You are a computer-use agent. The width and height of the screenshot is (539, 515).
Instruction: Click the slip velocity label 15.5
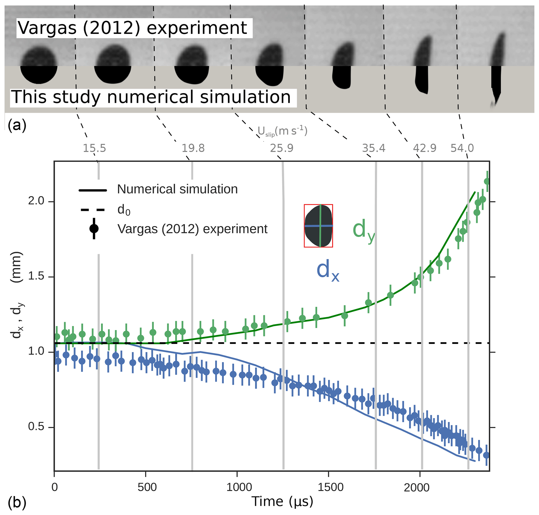pos(94,148)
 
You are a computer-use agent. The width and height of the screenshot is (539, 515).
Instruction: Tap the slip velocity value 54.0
pos(462,148)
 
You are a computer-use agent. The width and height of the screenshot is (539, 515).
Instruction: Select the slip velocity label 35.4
pos(373,148)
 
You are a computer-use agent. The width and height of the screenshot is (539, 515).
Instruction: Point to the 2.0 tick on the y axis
pos(36,201)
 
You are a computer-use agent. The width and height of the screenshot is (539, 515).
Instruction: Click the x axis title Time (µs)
pos(282,501)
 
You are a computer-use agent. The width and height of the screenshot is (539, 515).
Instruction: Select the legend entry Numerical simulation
pos(177,189)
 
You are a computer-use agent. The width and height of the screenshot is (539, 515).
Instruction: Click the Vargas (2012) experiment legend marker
pos(94,229)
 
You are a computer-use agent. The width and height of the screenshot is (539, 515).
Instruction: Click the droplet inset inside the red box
pos(318,226)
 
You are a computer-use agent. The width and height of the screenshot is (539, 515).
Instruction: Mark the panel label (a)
pos(17,125)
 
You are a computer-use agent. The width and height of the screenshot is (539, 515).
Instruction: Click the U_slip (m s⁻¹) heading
pos(282,131)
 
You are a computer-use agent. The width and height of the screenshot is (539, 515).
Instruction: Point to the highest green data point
pos(487,181)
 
